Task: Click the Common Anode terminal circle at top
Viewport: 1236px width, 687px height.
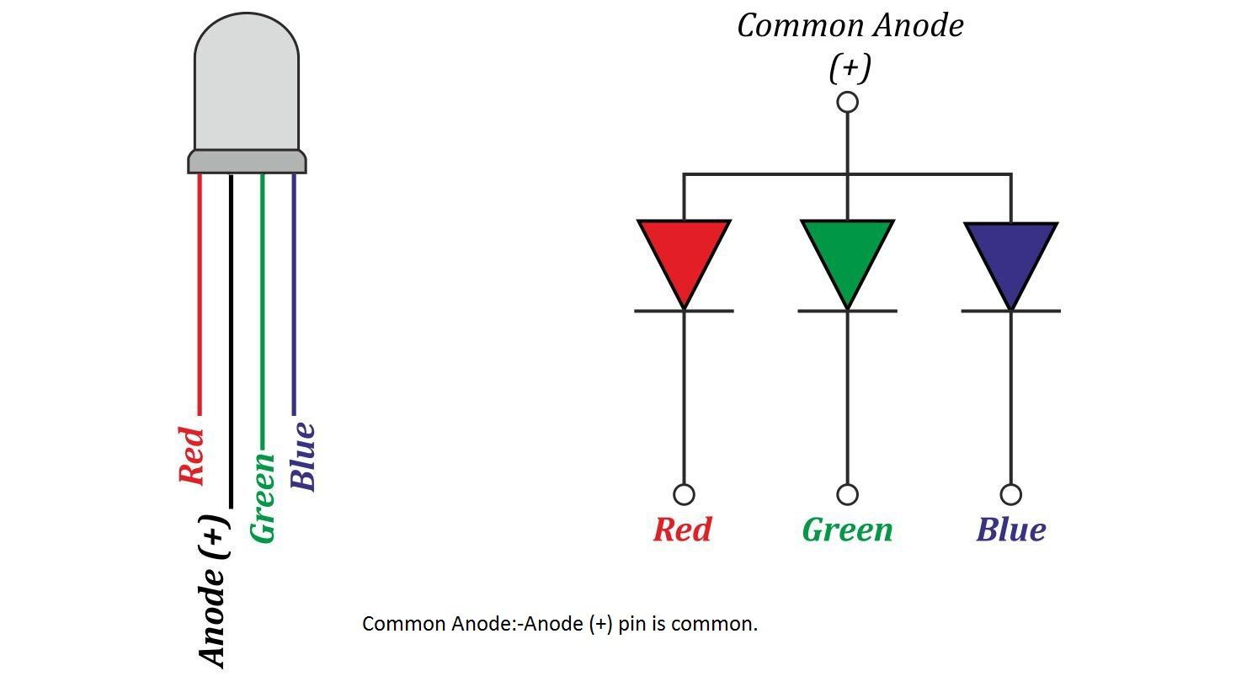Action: click(847, 102)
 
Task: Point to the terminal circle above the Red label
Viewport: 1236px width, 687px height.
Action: click(684, 494)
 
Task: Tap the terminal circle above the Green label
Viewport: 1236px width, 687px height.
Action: click(847, 494)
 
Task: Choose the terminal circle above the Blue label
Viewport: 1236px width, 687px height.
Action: click(1010, 494)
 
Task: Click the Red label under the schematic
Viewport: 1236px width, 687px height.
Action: click(682, 530)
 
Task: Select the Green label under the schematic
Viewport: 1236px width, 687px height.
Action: click(847, 530)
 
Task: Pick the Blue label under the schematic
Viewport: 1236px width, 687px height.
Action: click(1010, 530)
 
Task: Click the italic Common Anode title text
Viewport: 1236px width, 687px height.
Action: click(850, 26)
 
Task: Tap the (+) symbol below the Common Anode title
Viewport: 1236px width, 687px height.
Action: click(849, 67)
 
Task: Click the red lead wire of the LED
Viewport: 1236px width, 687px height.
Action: click(200, 295)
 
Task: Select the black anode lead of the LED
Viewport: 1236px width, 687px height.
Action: click(231, 337)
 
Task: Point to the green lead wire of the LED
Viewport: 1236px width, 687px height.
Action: click(262, 312)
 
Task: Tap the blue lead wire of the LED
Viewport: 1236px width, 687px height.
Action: click(294, 295)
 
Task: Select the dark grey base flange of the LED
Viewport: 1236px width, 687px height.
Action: click(247, 162)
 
